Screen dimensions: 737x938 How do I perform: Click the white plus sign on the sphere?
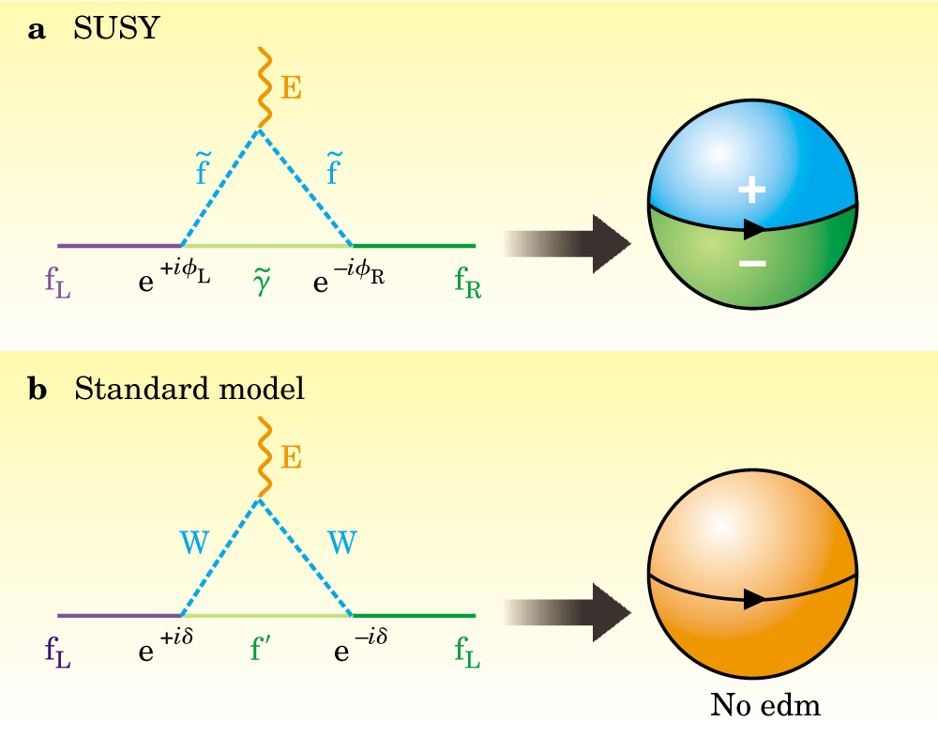coord(751,191)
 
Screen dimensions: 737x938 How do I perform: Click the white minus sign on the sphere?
coord(751,264)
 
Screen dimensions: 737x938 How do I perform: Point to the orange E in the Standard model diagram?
coord(292,457)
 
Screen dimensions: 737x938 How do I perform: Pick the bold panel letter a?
coord(38,30)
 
